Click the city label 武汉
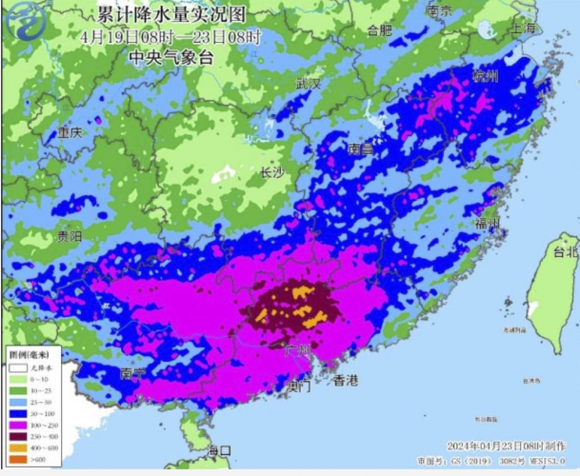click(x=309, y=84)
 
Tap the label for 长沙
click(x=272, y=172)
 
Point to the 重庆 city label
click(x=70, y=133)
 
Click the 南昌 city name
click(x=360, y=149)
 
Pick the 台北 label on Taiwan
click(x=565, y=251)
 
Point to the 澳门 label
click(x=298, y=387)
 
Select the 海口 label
click(x=220, y=449)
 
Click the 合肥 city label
click(x=379, y=30)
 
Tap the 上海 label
click(x=523, y=29)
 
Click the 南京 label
click(x=439, y=11)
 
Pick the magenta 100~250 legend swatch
click(x=16, y=422)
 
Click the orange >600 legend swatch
click(x=16, y=459)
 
